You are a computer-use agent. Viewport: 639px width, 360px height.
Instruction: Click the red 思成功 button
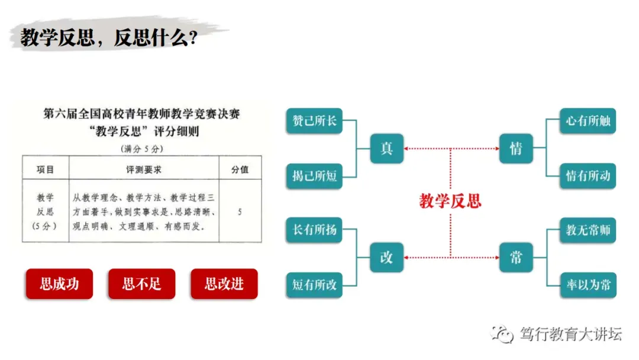(x=59, y=284)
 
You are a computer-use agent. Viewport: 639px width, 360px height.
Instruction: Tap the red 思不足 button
(x=142, y=284)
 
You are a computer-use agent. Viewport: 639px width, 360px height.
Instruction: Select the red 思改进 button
(x=224, y=284)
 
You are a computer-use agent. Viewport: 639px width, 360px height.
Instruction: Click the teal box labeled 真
(x=386, y=148)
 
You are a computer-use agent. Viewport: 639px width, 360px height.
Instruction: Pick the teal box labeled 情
(x=516, y=148)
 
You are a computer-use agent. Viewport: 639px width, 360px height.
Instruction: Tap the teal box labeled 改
(x=386, y=257)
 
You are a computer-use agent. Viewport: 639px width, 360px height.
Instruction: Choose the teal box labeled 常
(x=516, y=257)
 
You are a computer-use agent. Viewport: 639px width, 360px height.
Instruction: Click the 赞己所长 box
(x=314, y=121)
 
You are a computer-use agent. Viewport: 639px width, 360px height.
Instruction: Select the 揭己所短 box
(x=314, y=176)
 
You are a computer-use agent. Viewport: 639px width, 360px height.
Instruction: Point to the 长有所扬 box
(x=314, y=230)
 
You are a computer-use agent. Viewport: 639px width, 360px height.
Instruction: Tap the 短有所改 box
(x=314, y=285)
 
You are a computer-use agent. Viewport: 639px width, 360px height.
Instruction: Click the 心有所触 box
(x=588, y=121)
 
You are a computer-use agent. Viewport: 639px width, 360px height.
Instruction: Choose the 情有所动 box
(x=588, y=176)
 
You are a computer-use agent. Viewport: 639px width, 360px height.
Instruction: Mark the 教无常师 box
(x=588, y=230)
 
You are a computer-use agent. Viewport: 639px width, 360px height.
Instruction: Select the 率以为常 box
(x=588, y=285)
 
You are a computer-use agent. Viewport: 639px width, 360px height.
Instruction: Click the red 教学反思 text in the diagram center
(x=450, y=201)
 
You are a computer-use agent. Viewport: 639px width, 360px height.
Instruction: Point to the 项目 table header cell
(x=46, y=169)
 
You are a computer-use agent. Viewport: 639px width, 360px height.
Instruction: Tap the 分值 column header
(x=240, y=169)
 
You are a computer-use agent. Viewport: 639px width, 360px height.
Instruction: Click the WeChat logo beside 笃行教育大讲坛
(x=504, y=335)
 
